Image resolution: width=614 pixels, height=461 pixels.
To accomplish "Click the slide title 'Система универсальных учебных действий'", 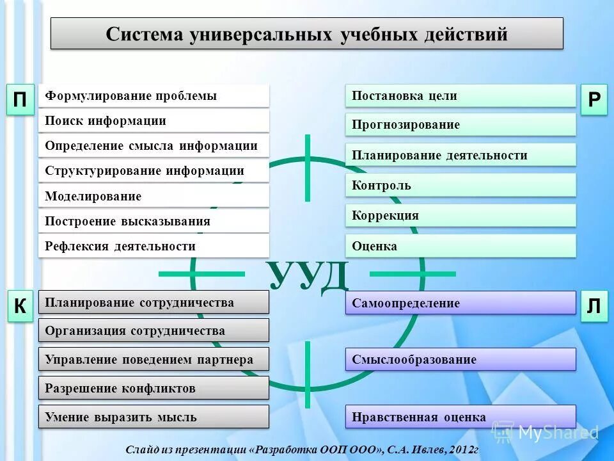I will [x=307, y=34].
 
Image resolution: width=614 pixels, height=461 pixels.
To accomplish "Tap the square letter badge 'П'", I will [x=20, y=101].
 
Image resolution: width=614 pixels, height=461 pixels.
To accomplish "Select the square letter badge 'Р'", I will [x=594, y=101].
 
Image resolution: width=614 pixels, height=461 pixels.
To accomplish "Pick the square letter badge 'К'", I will [x=20, y=307].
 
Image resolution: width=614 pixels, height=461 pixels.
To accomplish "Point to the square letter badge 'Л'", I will [x=594, y=307].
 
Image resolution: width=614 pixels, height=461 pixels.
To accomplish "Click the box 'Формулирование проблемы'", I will [x=153, y=96].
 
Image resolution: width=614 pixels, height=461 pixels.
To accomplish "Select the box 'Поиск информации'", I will [x=153, y=121].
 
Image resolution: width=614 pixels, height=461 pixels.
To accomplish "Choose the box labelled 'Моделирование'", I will [x=153, y=196].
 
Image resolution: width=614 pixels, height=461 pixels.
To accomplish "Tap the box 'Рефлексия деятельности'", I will [x=153, y=246].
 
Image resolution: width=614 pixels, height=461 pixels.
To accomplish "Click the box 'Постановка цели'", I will [x=460, y=96].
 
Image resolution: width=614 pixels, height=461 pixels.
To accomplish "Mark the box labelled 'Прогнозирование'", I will [x=460, y=125].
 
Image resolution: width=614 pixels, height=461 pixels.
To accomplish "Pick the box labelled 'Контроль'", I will [x=460, y=186].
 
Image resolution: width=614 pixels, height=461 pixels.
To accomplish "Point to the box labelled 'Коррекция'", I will [x=460, y=216].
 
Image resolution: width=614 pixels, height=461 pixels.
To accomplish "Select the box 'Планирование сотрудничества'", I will [x=153, y=302].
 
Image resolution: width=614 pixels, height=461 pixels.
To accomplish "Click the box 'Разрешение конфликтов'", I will [x=153, y=388].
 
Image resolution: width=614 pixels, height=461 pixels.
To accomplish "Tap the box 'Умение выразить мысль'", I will [x=153, y=417].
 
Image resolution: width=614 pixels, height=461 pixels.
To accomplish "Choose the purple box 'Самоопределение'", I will [x=460, y=303].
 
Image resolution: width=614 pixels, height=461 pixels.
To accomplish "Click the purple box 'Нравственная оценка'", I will [x=460, y=417].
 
